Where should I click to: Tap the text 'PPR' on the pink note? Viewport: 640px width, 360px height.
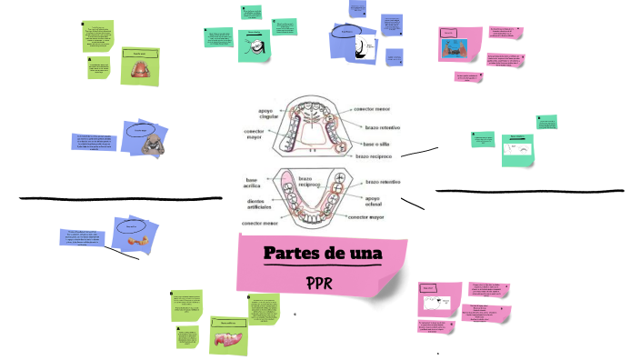(318, 281)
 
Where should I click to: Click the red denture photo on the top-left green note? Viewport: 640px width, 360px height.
(140, 72)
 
